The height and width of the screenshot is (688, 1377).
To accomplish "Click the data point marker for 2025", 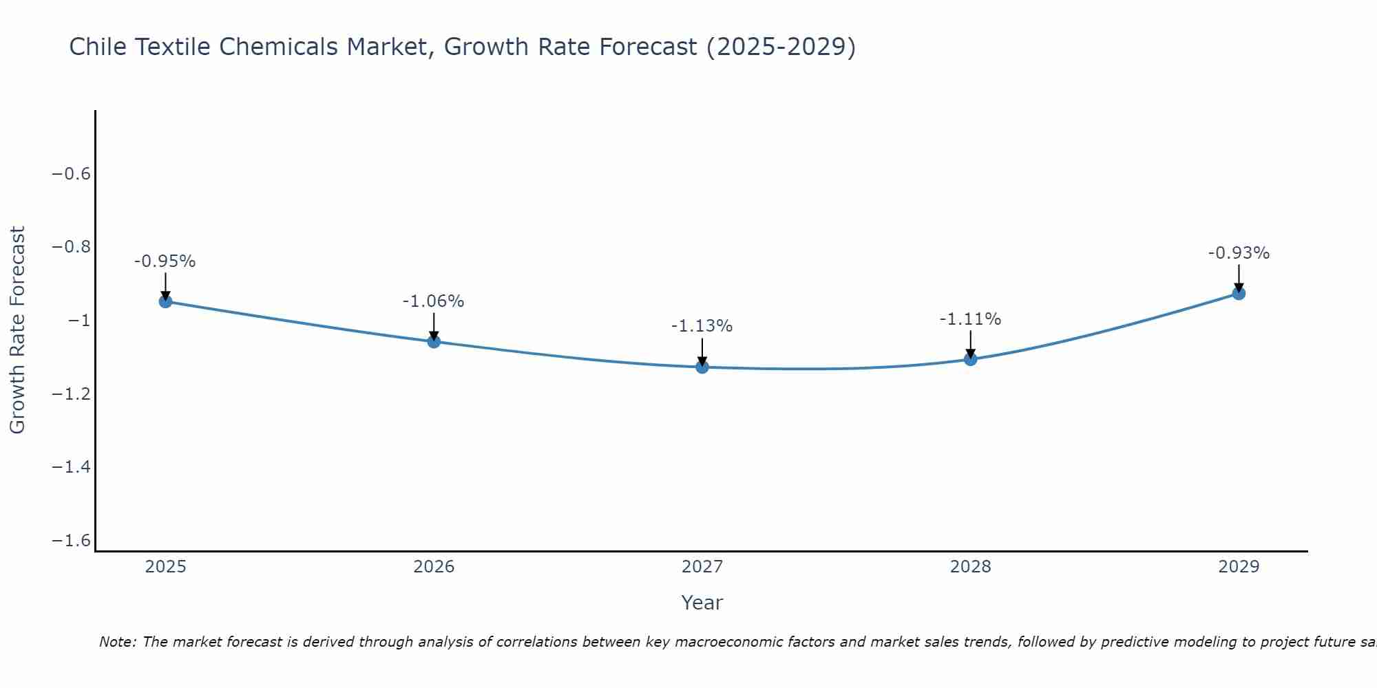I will [165, 301].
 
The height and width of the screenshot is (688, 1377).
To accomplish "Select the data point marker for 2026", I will [434, 341].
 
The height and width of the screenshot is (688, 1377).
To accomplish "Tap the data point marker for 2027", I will [702, 367].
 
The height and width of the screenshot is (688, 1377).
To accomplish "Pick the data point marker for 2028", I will [970, 359].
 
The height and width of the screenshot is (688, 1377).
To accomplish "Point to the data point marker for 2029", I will [1239, 294].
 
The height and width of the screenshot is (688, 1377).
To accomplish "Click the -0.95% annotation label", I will [165, 261].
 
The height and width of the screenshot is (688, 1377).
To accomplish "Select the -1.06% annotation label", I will [434, 301].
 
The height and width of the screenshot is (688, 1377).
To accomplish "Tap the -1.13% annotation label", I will [702, 326].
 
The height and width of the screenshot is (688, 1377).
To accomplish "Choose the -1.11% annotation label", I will [970, 319].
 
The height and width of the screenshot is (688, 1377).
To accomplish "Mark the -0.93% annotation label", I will [1239, 253].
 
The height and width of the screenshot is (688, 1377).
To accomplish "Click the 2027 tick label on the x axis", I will [702, 567].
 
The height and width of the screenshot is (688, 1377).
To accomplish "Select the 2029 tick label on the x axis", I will [1239, 567].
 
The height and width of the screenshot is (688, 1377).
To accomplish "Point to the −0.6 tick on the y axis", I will [72, 173].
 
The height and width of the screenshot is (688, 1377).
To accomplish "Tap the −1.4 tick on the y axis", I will [72, 467].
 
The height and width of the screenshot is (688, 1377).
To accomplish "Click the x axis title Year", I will [702, 603].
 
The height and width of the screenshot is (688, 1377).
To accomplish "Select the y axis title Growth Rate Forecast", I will [17, 330].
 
